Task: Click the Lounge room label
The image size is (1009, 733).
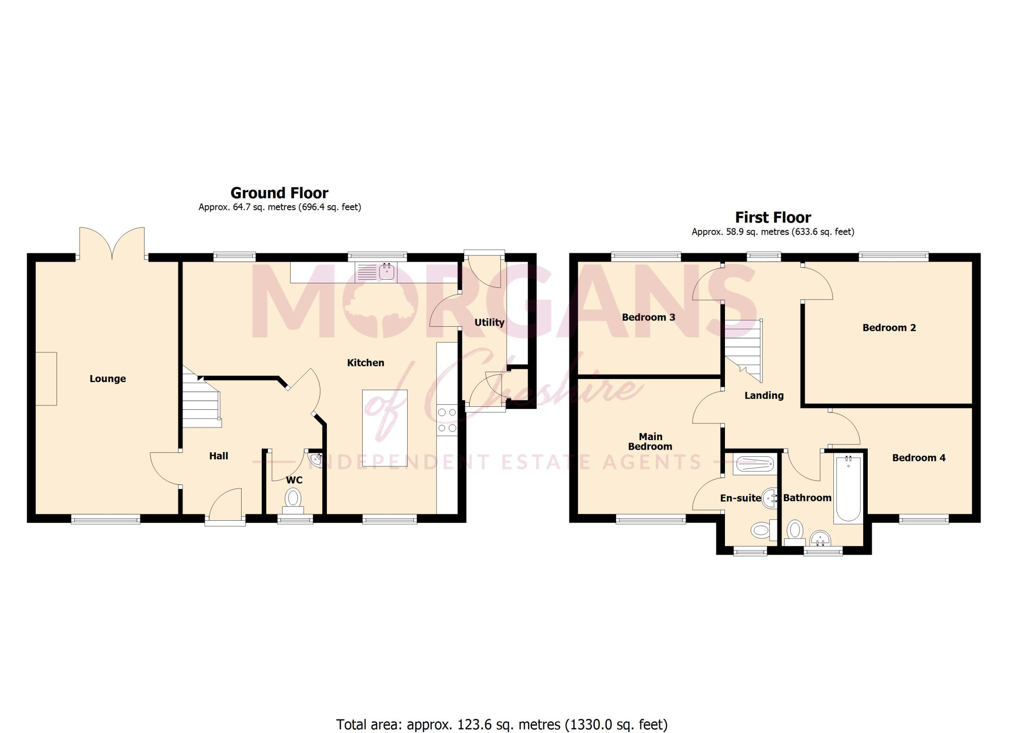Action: click(107, 379)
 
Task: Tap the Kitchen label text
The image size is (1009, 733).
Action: click(365, 362)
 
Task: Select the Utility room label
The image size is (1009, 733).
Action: click(489, 322)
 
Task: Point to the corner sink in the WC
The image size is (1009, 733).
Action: click(315, 458)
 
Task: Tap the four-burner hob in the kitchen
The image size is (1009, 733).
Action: click(447, 420)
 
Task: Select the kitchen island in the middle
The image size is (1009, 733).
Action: click(385, 427)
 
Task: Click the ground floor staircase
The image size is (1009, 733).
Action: click(201, 397)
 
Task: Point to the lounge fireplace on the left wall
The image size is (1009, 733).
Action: click(46, 378)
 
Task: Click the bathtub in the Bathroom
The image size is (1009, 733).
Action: click(849, 488)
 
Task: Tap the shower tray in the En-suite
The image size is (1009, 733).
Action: click(755, 464)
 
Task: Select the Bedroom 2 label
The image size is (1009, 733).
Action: click(889, 328)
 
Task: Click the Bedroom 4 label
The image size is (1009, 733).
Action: click(919, 458)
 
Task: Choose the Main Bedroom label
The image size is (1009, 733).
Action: click(650, 442)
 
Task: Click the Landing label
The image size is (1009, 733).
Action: click(764, 396)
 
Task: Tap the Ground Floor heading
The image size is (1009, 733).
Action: click(279, 193)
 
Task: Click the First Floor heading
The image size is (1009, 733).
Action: click(773, 217)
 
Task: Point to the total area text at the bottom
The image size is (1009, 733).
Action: click(502, 724)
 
